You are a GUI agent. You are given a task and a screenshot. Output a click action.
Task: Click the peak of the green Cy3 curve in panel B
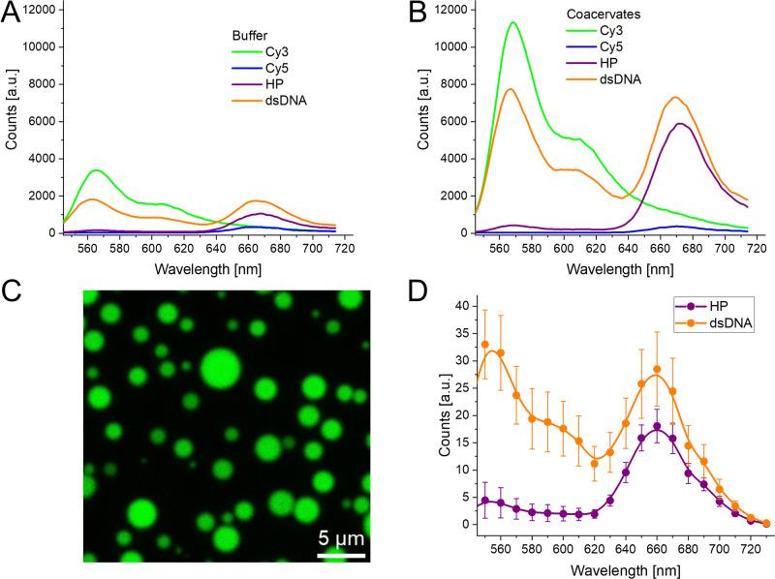[512, 22]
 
